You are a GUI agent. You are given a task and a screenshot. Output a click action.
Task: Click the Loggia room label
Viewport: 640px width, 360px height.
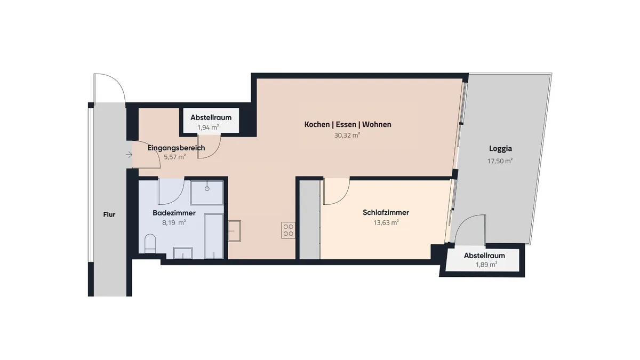pyautogui.click(x=500, y=149)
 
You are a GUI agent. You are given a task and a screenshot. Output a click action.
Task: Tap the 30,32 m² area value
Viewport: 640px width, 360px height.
pyautogui.click(x=347, y=135)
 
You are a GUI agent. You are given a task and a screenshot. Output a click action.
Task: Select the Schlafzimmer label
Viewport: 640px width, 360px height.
pyautogui.click(x=386, y=212)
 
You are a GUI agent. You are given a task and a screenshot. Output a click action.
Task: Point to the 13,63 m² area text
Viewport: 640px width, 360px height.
pyautogui.click(x=386, y=222)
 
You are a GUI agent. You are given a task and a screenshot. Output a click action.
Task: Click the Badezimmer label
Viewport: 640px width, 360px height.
pyautogui.click(x=174, y=213)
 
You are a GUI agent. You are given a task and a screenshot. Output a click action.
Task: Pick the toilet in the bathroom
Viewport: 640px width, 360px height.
pyautogui.click(x=150, y=244)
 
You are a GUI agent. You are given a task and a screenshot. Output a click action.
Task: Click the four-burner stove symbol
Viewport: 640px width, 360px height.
pyautogui.click(x=289, y=230)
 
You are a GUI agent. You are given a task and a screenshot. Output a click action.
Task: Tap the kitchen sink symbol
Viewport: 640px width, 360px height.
pyautogui.click(x=234, y=231)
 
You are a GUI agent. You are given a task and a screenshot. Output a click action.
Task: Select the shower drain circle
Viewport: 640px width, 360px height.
pyautogui.click(x=207, y=189)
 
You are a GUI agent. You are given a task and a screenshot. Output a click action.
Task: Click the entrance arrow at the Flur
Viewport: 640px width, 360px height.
pyautogui.click(x=129, y=155)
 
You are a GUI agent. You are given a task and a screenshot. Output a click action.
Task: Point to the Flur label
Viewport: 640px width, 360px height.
pyautogui.click(x=109, y=214)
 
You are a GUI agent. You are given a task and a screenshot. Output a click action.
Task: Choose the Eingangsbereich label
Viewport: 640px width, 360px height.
pyautogui.click(x=177, y=148)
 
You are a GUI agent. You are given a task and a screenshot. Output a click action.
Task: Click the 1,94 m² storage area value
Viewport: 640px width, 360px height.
pyautogui.click(x=209, y=127)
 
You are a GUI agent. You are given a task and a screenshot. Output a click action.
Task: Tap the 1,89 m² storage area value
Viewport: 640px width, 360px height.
pyautogui.click(x=486, y=265)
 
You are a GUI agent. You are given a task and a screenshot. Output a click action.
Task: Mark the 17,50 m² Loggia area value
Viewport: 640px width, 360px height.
pyautogui.click(x=500, y=161)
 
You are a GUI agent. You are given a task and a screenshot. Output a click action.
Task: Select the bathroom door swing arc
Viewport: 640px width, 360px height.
pyautogui.click(x=177, y=198)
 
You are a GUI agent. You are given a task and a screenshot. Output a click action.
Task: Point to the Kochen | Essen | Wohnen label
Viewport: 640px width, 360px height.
pyautogui.click(x=348, y=125)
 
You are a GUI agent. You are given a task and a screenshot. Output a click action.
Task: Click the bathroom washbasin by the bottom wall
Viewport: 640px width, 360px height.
pyautogui.click(x=183, y=253)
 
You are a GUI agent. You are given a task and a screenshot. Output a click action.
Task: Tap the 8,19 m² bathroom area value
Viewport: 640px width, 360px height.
pyautogui.click(x=174, y=222)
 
